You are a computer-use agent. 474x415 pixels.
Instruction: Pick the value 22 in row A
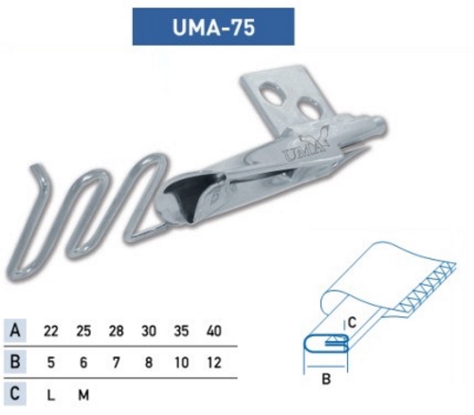coord(52,331)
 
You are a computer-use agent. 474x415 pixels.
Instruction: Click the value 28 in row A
coord(116,331)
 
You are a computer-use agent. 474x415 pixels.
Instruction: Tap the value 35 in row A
coord(180,331)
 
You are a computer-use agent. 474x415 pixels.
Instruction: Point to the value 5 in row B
coord(52,362)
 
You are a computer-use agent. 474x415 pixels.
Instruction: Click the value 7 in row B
coord(116,362)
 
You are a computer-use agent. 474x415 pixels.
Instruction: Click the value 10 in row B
coord(180,362)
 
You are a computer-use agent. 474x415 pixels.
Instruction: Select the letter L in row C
coord(52,392)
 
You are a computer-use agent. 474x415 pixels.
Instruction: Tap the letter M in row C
coord(83,392)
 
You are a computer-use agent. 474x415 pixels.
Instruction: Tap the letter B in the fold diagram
coord(328,383)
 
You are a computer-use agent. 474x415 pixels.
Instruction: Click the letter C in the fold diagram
coord(352,321)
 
